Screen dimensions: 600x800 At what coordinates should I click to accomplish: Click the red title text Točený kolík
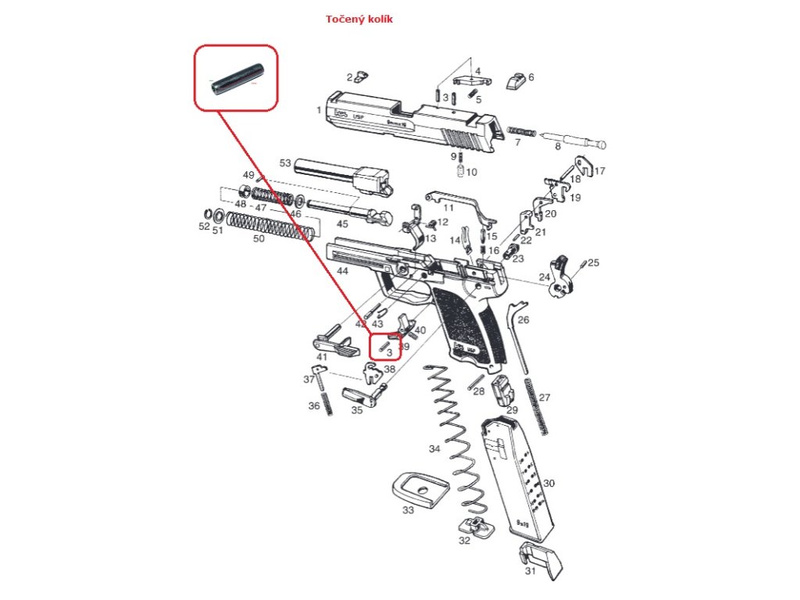coord(359,19)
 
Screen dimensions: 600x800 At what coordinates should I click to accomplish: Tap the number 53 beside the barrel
coord(285,163)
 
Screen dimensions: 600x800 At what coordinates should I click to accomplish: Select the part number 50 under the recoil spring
coord(258,238)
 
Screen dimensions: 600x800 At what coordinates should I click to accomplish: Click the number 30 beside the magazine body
coord(548,484)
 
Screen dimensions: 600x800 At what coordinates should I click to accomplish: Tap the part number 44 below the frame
coord(342,270)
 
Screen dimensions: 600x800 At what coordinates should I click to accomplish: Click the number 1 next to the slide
coord(319,111)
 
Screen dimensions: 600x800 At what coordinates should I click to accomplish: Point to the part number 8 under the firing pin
coord(558,146)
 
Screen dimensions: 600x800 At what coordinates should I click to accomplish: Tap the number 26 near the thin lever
coord(523,320)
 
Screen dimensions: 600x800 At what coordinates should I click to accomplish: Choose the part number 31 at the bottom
coord(530,571)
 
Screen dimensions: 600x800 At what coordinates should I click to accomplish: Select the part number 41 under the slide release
coord(321,357)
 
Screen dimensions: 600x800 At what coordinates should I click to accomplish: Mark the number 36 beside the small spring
coord(314,405)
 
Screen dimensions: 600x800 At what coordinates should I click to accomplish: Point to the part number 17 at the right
coord(600,171)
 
